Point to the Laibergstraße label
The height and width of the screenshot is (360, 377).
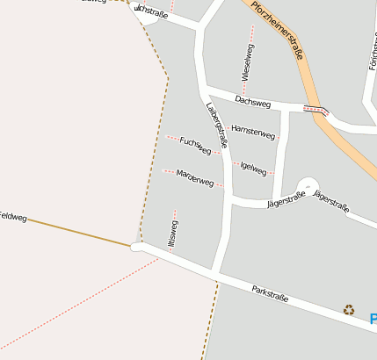tap(216, 125)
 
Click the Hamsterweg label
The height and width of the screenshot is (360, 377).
tap(253, 132)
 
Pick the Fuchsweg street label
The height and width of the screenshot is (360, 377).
tap(195, 145)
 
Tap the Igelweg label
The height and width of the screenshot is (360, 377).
tap(253, 167)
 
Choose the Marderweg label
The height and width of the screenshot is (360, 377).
tap(195, 178)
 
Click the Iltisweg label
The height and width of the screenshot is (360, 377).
tap(173, 234)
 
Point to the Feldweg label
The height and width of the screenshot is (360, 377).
tap(12, 216)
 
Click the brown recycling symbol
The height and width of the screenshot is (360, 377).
tap(349, 309)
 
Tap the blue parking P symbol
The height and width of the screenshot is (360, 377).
tap(373, 319)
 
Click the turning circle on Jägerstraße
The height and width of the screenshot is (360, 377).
tap(307, 186)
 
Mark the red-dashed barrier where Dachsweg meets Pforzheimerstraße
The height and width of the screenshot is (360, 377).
tap(315, 109)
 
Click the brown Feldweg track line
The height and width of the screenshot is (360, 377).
tap(79, 232)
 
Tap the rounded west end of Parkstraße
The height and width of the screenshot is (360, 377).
tap(137, 248)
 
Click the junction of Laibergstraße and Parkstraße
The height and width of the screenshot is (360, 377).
tap(215, 273)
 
